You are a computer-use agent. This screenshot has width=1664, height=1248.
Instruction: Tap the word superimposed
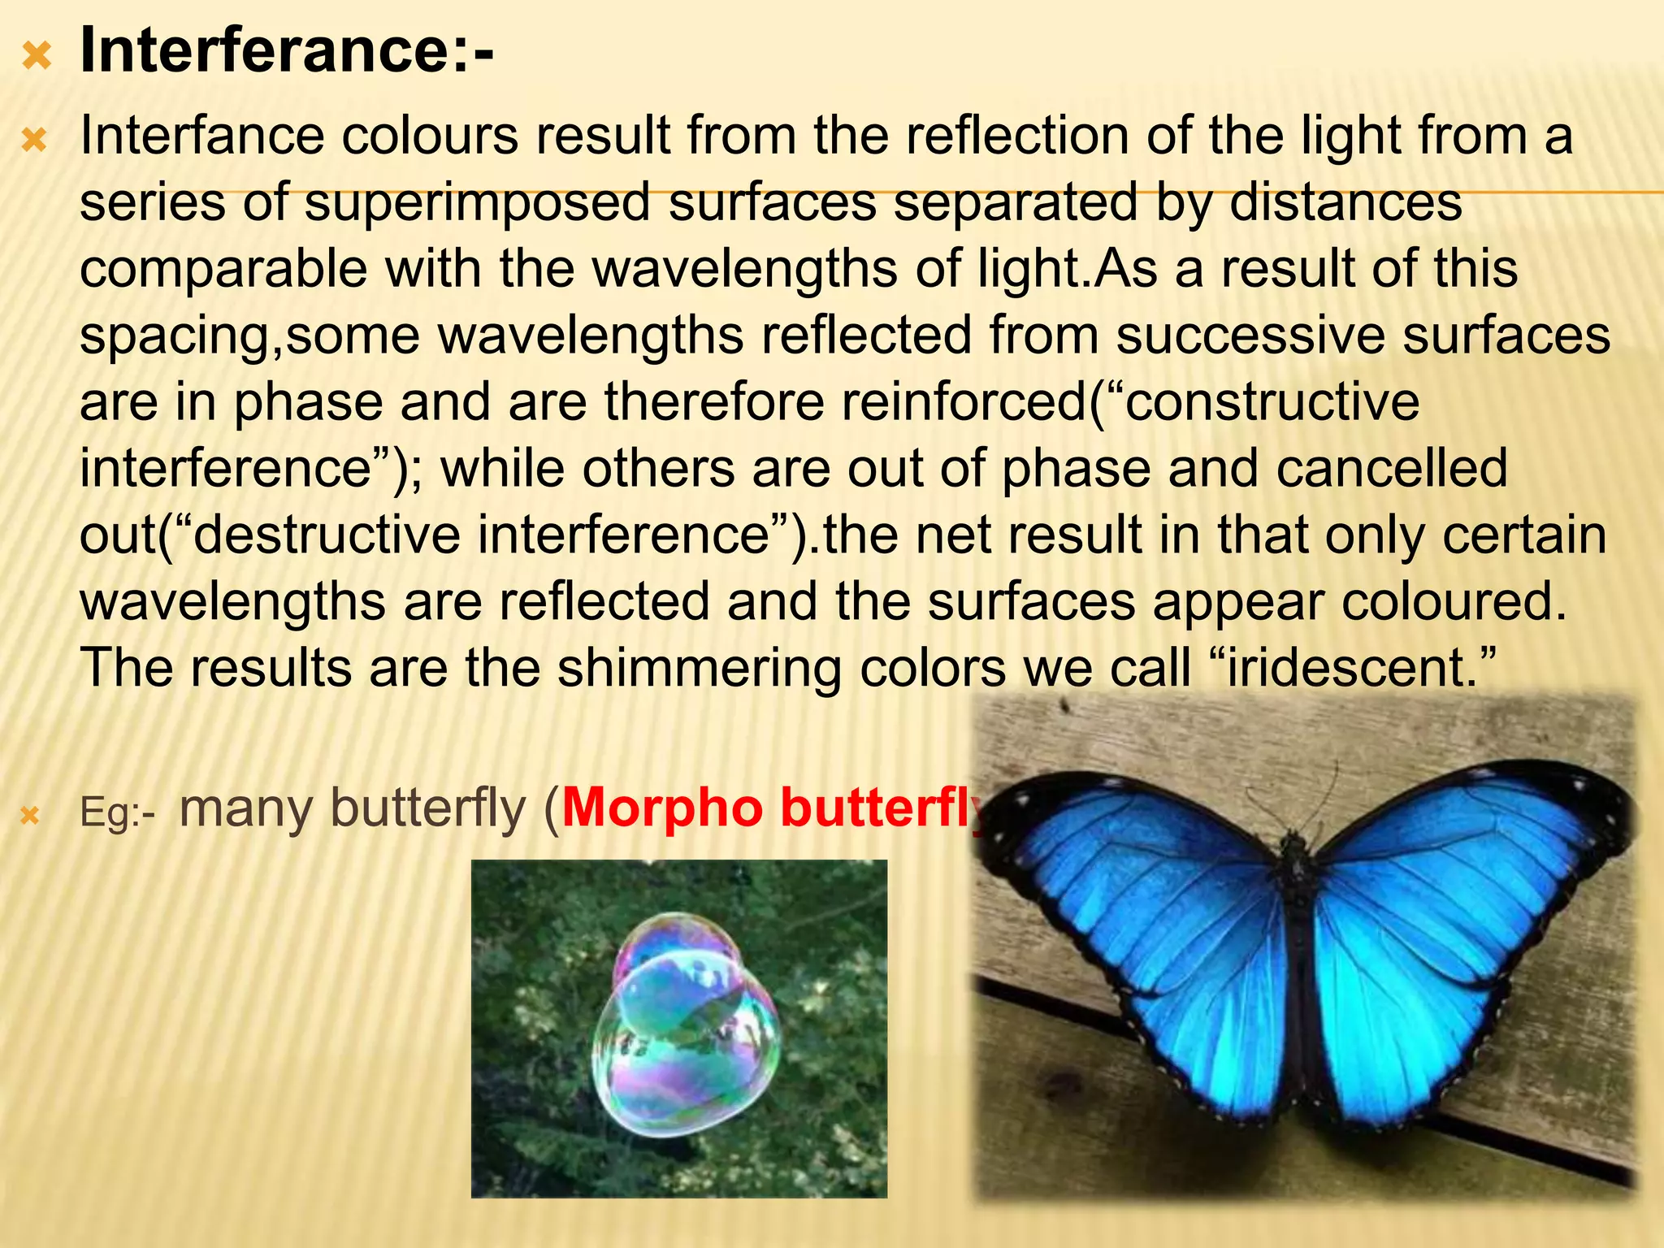coord(478,202)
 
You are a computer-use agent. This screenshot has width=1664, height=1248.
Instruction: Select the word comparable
coord(223,269)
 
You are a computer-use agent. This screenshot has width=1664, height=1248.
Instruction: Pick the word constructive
coord(1272,402)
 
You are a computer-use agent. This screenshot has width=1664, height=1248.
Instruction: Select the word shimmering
coord(700,669)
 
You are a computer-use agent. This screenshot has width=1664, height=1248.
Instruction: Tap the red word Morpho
coord(662,808)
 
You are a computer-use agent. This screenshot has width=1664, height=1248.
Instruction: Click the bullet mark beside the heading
coord(37,57)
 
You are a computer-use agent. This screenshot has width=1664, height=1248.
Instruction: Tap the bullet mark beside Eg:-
coord(30,815)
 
